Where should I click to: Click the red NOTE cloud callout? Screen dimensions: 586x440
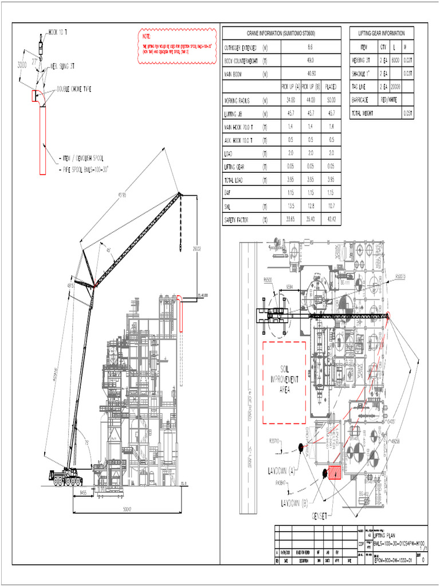[x=178, y=46]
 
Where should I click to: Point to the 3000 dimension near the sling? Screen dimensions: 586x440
[x=22, y=64]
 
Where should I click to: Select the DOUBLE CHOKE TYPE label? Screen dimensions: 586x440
[x=73, y=89]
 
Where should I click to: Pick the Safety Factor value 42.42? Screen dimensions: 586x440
[x=331, y=219]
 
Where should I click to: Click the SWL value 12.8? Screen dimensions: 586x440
[x=310, y=206]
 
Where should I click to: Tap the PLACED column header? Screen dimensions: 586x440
[x=331, y=87]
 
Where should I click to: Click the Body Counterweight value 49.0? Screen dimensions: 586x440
[x=310, y=60]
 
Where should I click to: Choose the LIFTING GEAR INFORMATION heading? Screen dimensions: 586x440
[x=381, y=33]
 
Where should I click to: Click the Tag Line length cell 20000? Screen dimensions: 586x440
[x=395, y=86]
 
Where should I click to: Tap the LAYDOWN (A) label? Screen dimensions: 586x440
[x=281, y=471]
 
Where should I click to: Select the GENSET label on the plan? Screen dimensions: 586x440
[x=320, y=516]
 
